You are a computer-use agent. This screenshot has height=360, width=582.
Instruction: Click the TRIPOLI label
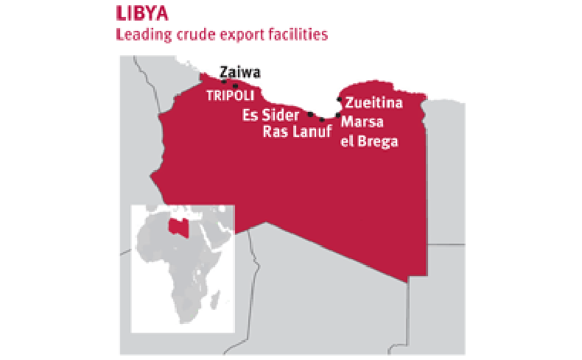230,96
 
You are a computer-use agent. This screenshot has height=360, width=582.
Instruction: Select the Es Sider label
270,116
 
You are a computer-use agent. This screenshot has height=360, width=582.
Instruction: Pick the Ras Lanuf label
298,132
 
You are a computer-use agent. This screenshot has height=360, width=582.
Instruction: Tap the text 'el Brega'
368,141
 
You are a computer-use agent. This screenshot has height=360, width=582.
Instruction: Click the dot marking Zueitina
339,99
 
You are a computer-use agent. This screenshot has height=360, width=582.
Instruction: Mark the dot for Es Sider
310,114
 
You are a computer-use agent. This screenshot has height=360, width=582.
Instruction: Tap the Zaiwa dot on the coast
223,82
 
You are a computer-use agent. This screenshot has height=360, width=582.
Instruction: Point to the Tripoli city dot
235,85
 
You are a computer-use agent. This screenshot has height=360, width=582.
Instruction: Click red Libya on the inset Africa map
175,226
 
